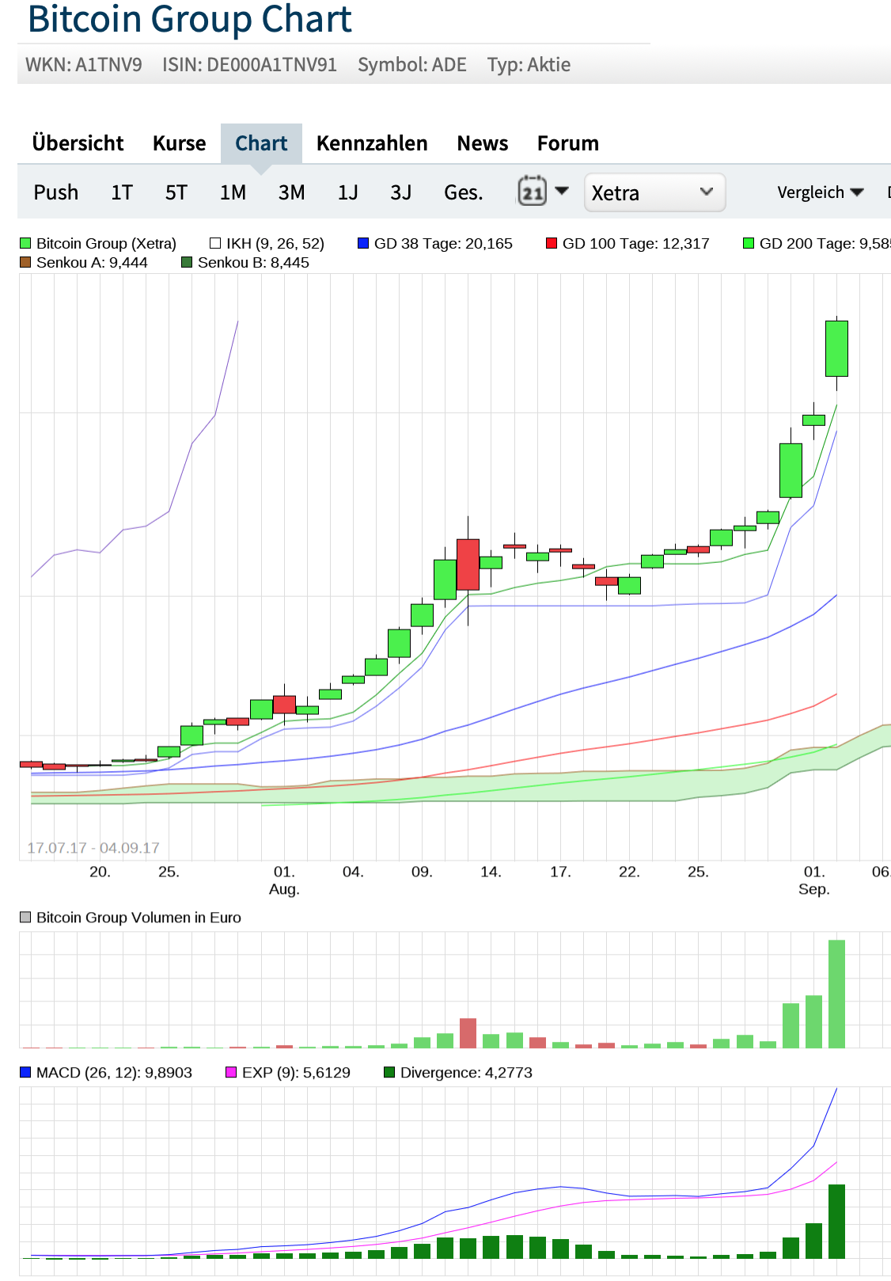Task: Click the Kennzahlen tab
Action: point(372,143)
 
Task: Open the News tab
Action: point(482,143)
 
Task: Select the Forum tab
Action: point(567,143)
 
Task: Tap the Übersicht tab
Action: point(78,143)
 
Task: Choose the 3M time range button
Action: point(291,192)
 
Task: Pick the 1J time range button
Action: point(347,192)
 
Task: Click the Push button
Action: point(55,192)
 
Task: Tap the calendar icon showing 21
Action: point(533,191)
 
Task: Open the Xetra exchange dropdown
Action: point(654,192)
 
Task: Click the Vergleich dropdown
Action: point(820,192)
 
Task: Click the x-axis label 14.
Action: point(491,872)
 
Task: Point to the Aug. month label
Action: point(284,889)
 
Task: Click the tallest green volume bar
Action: point(836,994)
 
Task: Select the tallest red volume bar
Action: point(468,1033)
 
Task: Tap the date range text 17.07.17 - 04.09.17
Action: point(93,848)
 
